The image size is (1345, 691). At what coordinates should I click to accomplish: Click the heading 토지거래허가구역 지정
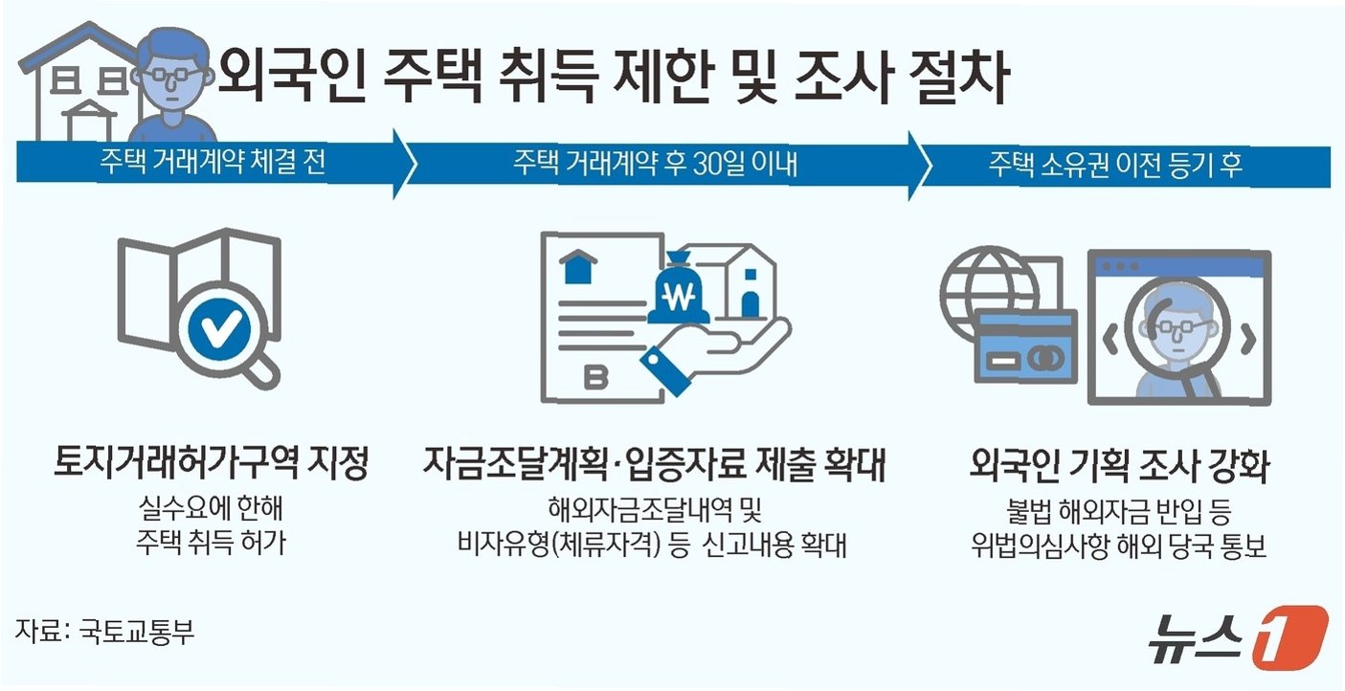(212, 465)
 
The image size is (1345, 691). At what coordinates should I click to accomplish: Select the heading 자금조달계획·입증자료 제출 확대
(655, 466)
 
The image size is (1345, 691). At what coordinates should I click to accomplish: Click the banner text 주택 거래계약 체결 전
(213, 163)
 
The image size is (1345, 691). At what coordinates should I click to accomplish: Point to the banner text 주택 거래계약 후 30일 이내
(656, 165)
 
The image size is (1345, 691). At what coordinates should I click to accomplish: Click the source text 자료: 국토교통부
(104, 632)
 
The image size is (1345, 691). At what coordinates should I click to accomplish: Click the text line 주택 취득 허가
(212, 544)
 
